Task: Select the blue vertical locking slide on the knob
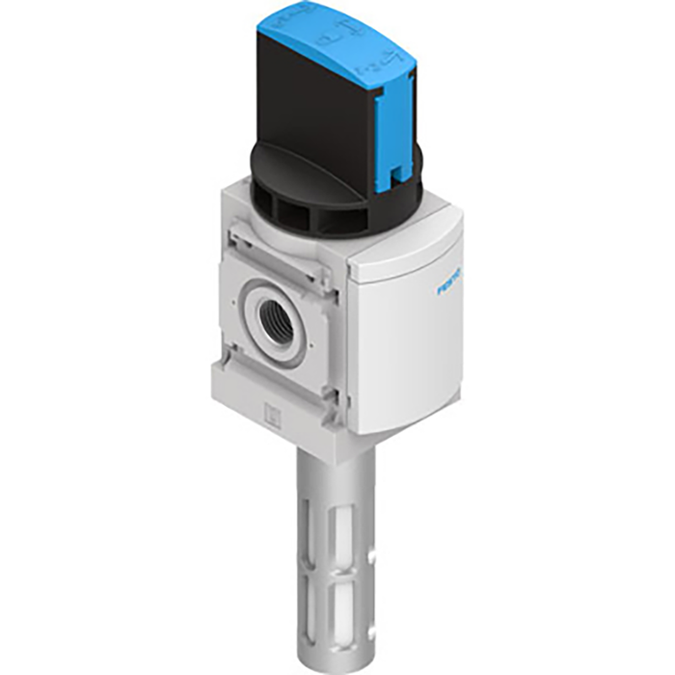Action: [x=392, y=144]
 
